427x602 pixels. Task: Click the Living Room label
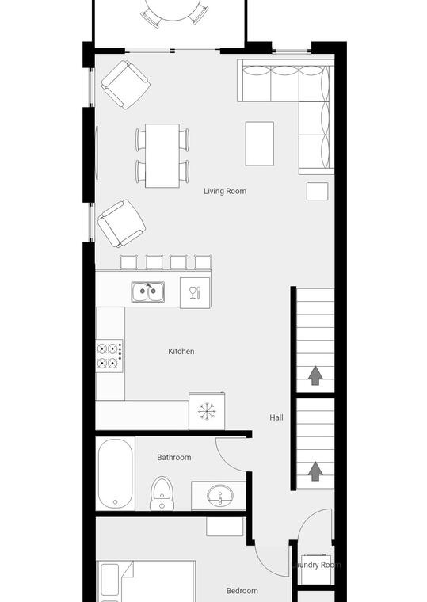pyautogui.click(x=225, y=191)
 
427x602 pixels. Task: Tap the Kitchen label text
pyautogui.click(x=181, y=351)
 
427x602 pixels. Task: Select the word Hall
pyautogui.click(x=276, y=417)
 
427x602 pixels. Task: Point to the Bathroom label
pyautogui.click(x=174, y=457)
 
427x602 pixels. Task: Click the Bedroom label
pyautogui.click(x=242, y=590)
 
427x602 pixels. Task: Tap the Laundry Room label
pyautogui.click(x=316, y=565)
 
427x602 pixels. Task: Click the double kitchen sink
pyautogui.click(x=148, y=291)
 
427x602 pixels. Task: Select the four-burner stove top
pyautogui.click(x=109, y=356)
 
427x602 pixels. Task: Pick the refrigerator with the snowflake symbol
pyautogui.click(x=207, y=411)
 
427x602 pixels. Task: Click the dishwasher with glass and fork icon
pyautogui.click(x=195, y=293)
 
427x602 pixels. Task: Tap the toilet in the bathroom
pyautogui.click(x=162, y=493)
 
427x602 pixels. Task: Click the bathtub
pyautogui.click(x=115, y=474)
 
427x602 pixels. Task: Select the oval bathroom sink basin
pyautogui.click(x=220, y=495)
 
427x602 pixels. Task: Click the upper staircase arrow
pyautogui.click(x=315, y=375)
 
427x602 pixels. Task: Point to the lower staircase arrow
pyautogui.click(x=315, y=471)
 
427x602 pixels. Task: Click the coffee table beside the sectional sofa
pyautogui.click(x=260, y=143)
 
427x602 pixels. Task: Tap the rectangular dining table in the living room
pyautogui.click(x=162, y=155)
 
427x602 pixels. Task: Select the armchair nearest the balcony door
pyautogui.click(x=126, y=85)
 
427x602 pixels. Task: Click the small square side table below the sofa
pyautogui.click(x=317, y=191)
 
